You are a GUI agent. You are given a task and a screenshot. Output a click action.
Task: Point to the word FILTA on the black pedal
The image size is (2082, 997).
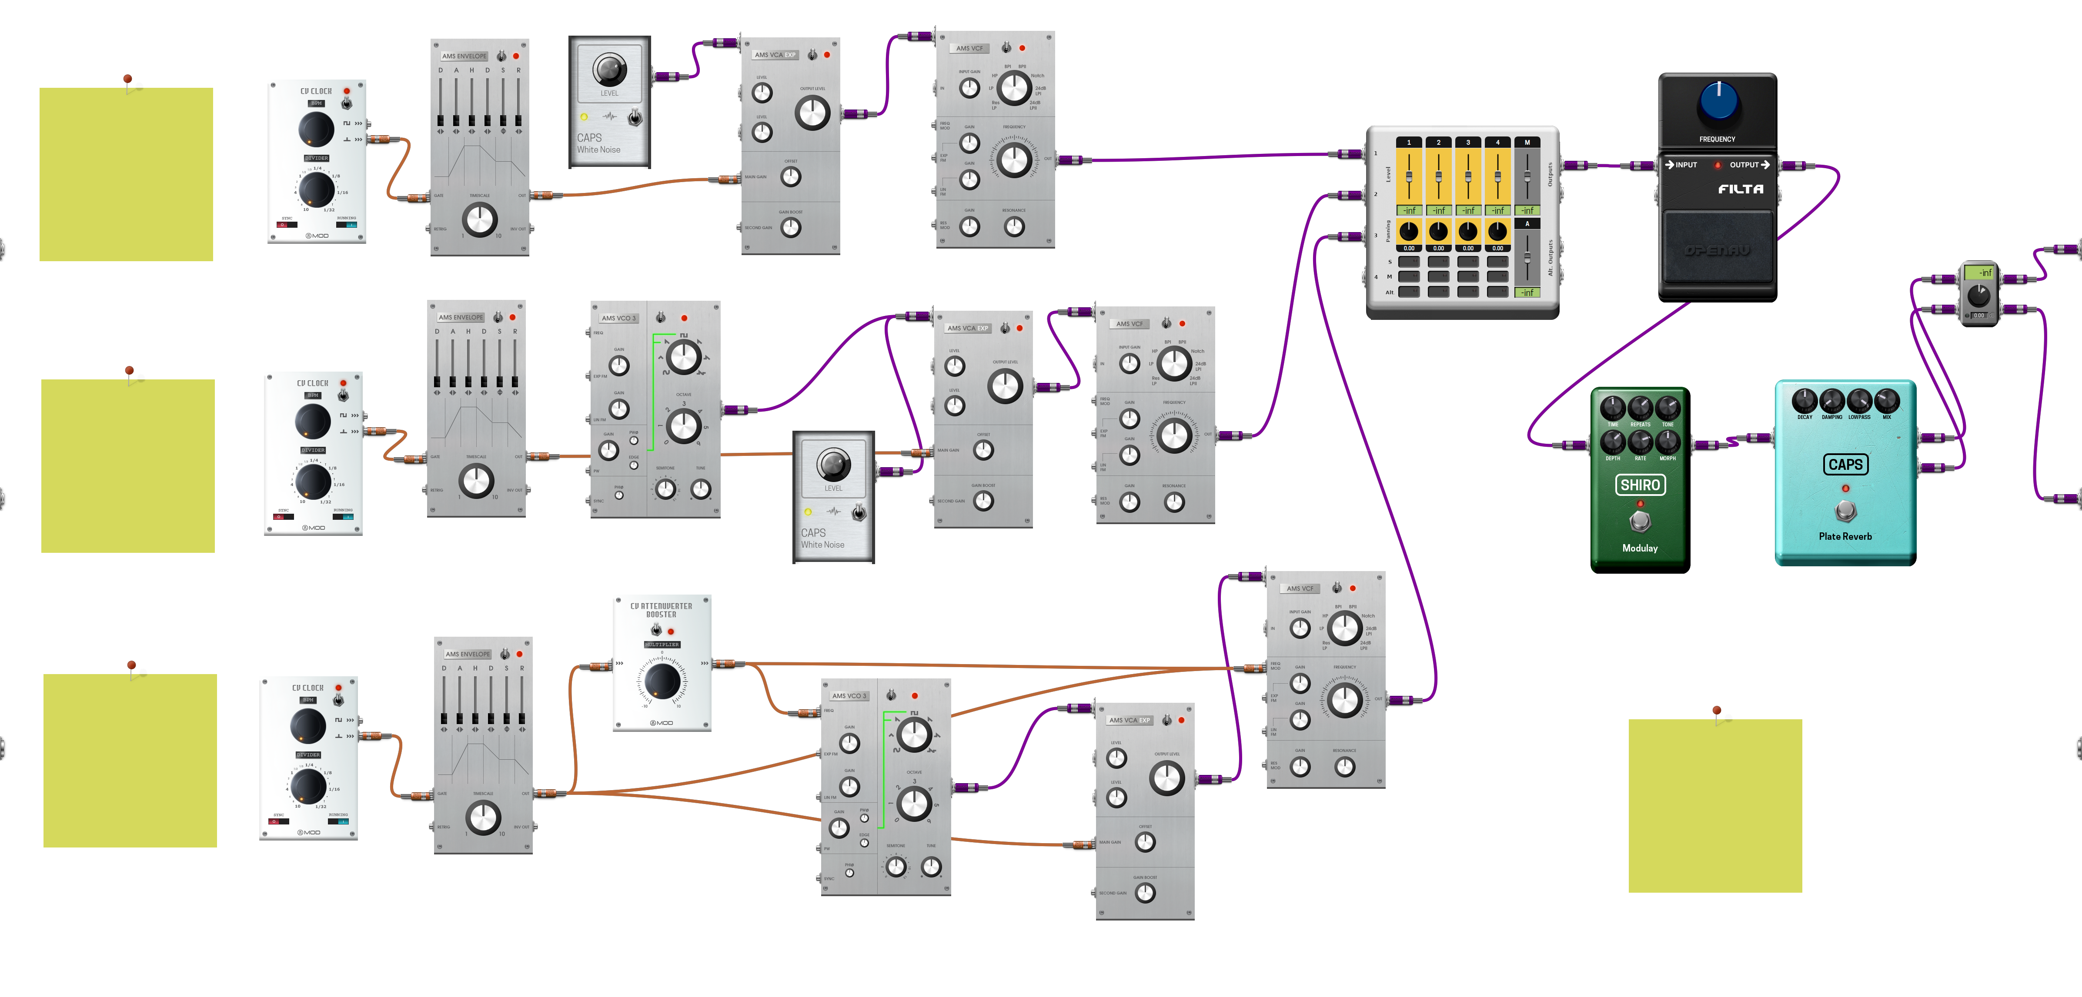pyautogui.click(x=1740, y=189)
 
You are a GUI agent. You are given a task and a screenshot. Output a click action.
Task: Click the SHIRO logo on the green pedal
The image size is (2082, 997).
pyautogui.click(x=1640, y=485)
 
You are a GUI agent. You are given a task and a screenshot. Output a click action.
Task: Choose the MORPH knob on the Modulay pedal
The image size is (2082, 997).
pyautogui.click(x=1668, y=441)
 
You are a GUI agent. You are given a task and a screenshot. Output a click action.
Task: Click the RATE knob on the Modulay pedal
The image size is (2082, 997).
pyautogui.click(x=1640, y=441)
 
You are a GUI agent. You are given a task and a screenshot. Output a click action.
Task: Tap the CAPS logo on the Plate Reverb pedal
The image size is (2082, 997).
pyautogui.click(x=1845, y=465)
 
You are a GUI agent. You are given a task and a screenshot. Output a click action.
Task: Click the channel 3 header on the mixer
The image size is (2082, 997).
pyautogui.click(x=1468, y=142)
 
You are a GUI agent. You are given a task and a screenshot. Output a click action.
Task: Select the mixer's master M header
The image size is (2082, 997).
pyautogui.click(x=1527, y=142)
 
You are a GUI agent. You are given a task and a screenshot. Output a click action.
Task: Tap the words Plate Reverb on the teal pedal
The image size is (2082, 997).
pyautogui.click(x=1845, y=536)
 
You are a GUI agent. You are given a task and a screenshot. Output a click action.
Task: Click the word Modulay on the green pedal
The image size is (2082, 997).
pyautogui.click(x=1640, y=548)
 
